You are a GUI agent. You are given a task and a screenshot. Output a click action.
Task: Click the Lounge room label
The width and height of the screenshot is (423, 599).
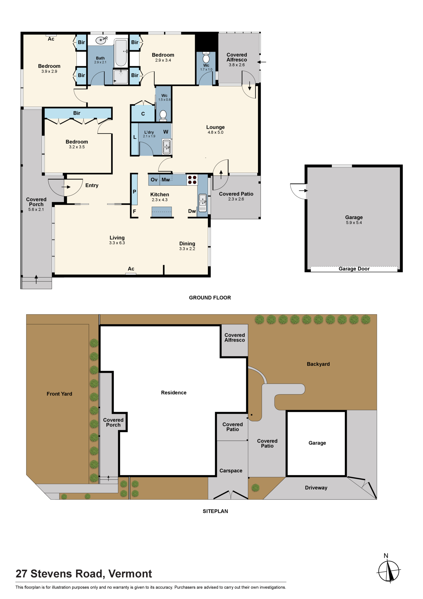pyautogui.click(x=215, y=127)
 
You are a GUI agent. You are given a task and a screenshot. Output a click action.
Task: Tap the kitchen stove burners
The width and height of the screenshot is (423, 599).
pyautogui.click(x=192, y=180)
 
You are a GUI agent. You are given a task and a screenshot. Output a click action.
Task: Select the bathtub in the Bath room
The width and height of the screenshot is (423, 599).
pyautogui.click(x=121, y=53)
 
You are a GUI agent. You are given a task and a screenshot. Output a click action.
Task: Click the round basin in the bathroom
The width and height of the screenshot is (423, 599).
pyautogui.click(x=101, y=40)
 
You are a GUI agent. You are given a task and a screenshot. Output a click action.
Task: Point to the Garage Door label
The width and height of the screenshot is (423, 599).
pyautogui.click(x=354, y=269)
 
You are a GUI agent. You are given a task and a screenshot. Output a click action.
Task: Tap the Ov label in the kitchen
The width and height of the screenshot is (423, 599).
pyautogui.click(x=154, y=180)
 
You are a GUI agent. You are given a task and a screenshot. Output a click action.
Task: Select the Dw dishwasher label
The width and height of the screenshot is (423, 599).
pyautogui.click(x=192, y=211)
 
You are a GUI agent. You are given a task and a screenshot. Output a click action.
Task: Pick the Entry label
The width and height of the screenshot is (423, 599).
pyautogui.click(x=92, y=185)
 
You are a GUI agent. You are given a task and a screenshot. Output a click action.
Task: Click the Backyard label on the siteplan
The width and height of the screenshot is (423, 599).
pyautogui.click(x=318, y=364)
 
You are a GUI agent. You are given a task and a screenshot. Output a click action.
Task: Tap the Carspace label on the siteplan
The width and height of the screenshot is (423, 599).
pyautogui.click(x=231, y=471)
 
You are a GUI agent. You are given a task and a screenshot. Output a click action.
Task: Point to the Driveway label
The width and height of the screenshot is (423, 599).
pyautogui.click(x=316, y=488)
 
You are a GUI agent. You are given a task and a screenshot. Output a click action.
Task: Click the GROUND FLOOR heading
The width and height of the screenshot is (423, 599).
pyautogui.click(x=210, y=298)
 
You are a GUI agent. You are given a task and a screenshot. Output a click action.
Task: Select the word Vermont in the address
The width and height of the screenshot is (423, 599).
pyautogui.click(x=130, y=574)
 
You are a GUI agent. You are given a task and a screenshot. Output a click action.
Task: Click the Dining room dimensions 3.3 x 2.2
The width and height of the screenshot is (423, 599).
pyautogui.click(x=187, y=249)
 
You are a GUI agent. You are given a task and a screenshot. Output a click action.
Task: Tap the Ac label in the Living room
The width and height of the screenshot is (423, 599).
pyautogui.click(x=131, y=269)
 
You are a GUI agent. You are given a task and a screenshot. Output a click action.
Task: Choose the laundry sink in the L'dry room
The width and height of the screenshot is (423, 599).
pyautogui.click(x=167, y=147)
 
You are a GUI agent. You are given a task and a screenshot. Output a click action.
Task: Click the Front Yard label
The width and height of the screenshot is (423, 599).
pyautogui.click(x=59, y=394)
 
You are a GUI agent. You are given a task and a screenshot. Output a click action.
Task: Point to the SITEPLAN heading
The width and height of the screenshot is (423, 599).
pyautogui.click(x=215, y=511)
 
